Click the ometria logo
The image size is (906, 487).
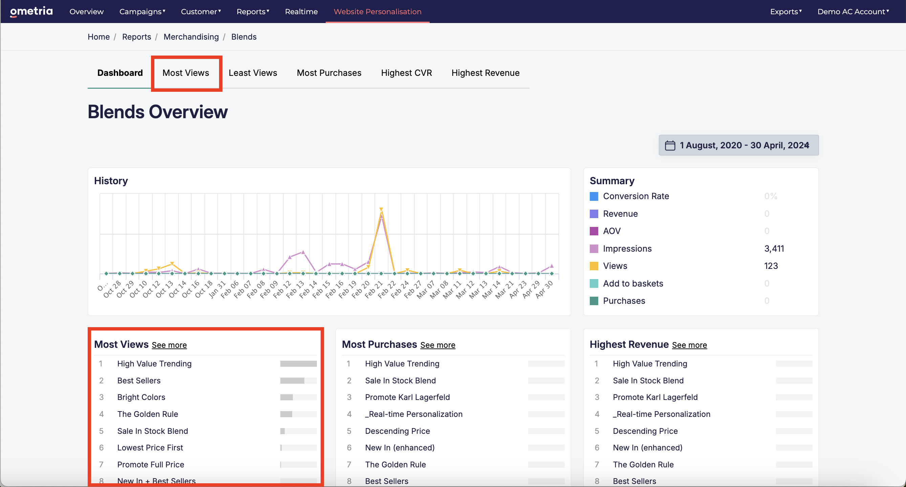point(31,12)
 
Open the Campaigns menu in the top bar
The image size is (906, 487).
point(142,12)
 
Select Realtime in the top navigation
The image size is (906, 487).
point(301,12)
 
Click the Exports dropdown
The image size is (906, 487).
point(786,12)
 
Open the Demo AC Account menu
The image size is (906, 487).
point(853,12)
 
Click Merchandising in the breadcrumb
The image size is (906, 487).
point(191,37)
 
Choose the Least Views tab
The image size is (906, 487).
point(253,73)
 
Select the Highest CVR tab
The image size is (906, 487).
point(406,73)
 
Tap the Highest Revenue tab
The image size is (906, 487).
point(486,73)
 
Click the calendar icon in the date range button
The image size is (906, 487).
point(670,145)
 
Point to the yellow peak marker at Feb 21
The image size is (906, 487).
point(381,209)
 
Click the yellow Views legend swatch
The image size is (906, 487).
point(594,266)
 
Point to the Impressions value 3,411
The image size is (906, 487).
point(774,249)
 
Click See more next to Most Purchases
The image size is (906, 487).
point(437,345)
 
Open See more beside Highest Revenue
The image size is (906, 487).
point(689,345)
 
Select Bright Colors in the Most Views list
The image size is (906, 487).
point(141,397)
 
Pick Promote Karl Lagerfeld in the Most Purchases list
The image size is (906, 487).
point(407,397)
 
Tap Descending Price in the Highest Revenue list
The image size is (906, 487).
point(645,431)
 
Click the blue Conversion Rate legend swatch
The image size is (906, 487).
point(594,196)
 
